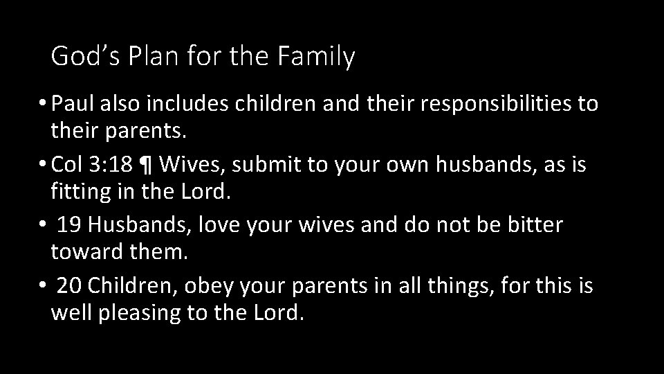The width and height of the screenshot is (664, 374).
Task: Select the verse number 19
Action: [x=69, y=224]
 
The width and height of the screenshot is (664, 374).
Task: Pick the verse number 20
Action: [x=69, y=285]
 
